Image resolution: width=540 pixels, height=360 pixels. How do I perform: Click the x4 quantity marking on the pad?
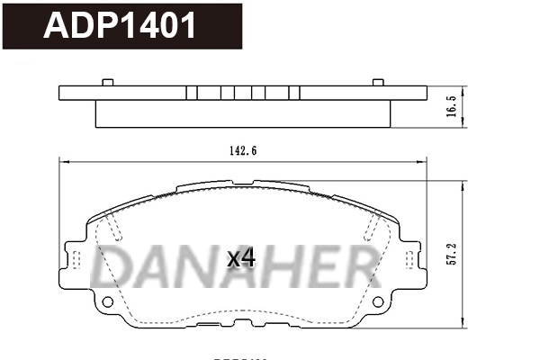pyautogui.click(x=241, y=258)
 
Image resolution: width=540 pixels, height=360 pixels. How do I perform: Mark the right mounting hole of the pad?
pyautogui.click(x=375, y=301)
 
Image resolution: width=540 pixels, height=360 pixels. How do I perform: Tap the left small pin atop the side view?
pyautogui.click(x=108, y=83)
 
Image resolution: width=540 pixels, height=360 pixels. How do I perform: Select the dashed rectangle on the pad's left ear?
pyautogui.click(x=76, y=262)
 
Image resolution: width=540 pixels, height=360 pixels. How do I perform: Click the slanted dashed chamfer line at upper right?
pyautogui.click(x=370, y=227)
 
